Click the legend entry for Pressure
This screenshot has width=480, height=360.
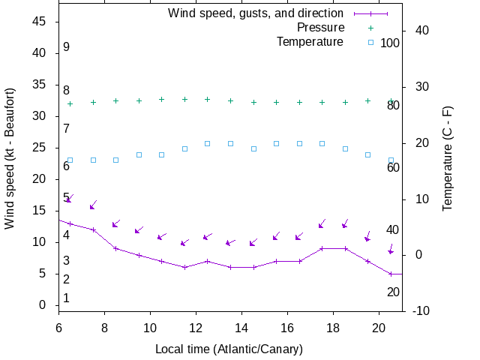(320, 28)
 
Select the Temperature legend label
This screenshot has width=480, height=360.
(310, 41)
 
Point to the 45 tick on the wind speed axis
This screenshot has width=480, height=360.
(40, 22)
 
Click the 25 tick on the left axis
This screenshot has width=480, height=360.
(40, 148)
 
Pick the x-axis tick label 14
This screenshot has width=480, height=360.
(241, 327)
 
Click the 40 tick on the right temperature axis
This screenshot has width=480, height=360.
(418, 31)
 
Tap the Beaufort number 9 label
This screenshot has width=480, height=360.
(67, 47)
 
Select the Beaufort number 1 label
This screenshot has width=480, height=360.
(67, 298)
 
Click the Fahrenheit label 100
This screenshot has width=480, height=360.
(390, 43)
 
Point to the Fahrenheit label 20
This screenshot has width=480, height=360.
(393, 292)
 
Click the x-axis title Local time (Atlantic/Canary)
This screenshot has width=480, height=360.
(229, 349)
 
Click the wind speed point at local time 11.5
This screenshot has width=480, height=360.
(184, 267)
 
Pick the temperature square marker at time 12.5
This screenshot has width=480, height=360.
(208, 143)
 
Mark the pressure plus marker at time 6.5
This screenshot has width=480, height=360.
(70, 103)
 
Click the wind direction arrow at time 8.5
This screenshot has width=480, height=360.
(116, 223)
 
